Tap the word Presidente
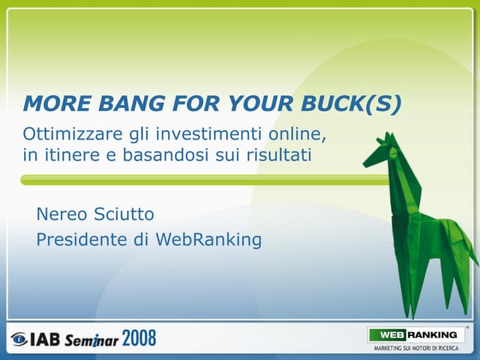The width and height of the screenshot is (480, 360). tap(82, 240)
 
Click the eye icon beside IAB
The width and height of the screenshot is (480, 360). tap(18, 339)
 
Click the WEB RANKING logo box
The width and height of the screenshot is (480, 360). tap(415, 334)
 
